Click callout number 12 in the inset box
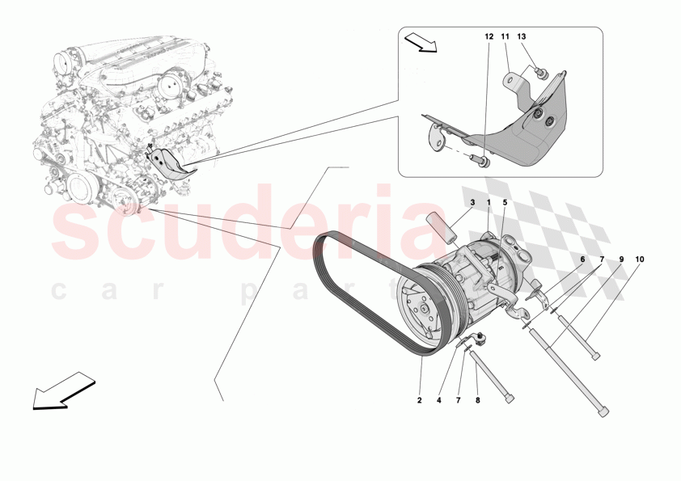[x=489, y=37]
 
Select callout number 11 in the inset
[x=505, y=37]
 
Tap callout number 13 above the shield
[x=522, y=37]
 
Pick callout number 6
[x=581, y=259]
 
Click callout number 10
[x=641, y=259]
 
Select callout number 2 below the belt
[x=421, y=399]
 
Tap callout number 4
[x=440, y=399]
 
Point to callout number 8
[x=476, y=399]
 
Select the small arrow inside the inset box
[x=421, y=41]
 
